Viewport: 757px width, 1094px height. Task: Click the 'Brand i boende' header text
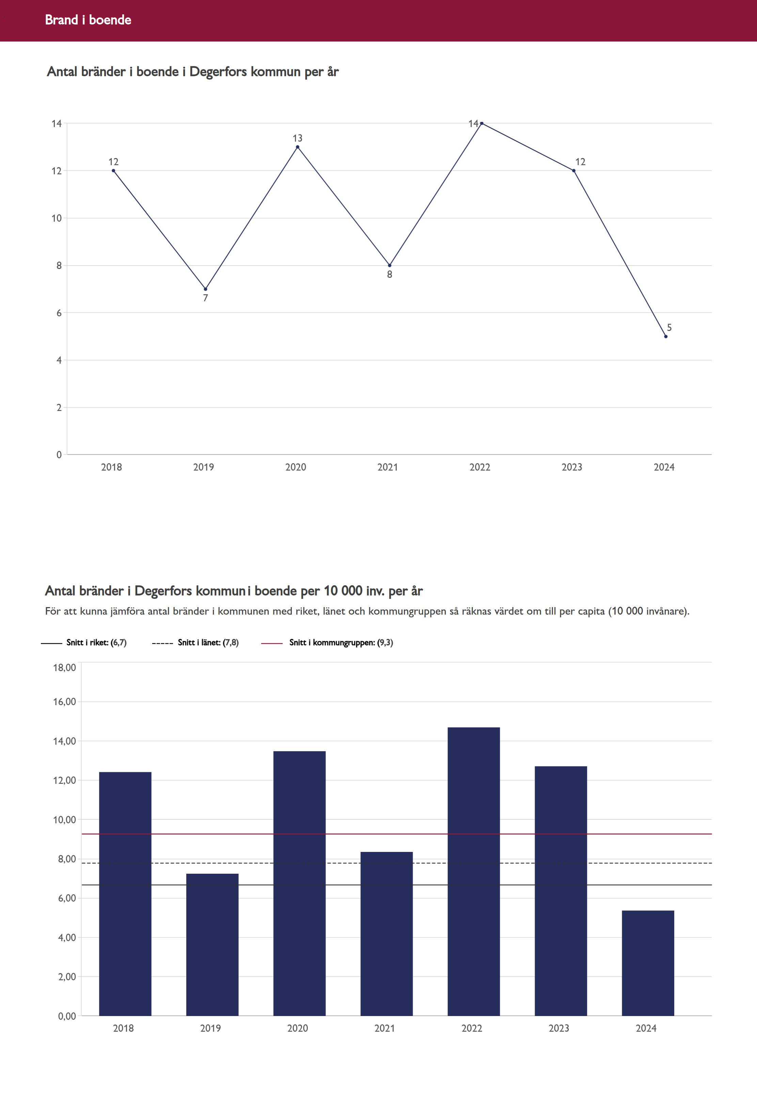pos(88,20)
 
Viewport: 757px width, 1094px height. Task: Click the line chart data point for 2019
pos(205,289)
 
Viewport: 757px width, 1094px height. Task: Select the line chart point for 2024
pos(665,336)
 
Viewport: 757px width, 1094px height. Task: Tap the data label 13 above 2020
pos(297,138)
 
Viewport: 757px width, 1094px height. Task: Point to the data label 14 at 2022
pos(473,124)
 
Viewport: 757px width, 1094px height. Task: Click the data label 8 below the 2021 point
pos(390,274)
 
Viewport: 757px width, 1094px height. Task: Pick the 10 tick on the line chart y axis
pos(57,218)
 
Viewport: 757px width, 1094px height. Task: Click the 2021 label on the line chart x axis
pos(388,467)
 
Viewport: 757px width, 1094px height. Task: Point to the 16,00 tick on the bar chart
pos(64,702)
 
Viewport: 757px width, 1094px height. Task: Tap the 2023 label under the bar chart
pos(559,1028)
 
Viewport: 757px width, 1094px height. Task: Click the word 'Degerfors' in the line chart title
pos(218,72)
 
